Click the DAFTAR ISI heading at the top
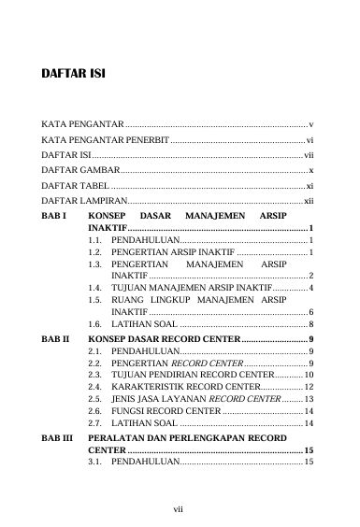(74, 73)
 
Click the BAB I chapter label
(55, 216)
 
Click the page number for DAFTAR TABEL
(309, 186)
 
